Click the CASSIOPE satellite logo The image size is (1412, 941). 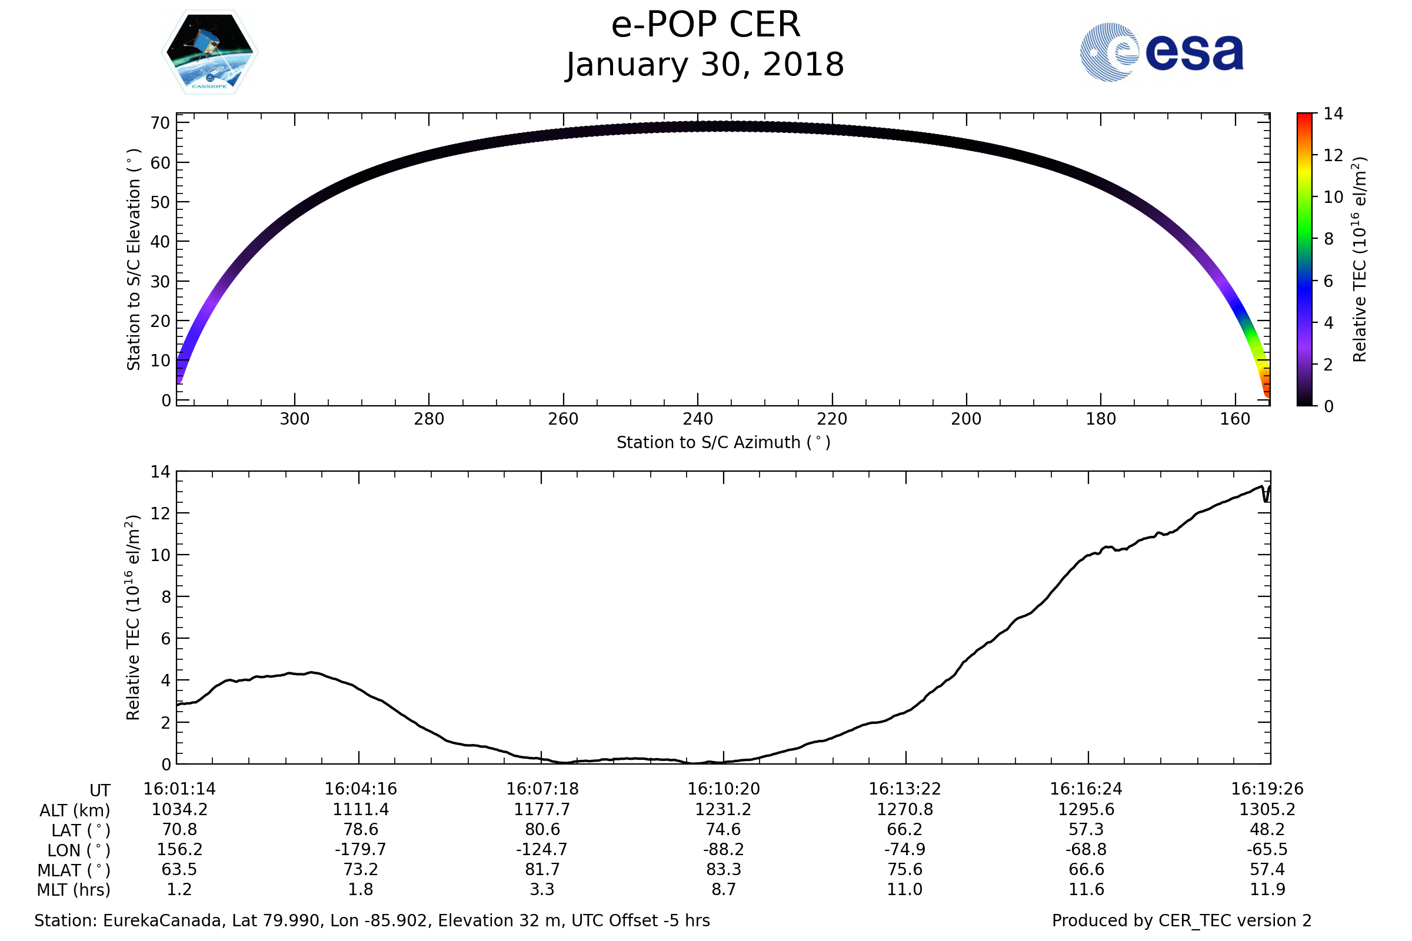[209, 52]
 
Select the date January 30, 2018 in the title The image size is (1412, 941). [705, 65]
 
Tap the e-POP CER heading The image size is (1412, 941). [705, 25]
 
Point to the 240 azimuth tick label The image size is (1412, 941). [698, 419]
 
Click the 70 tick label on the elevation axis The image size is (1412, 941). [160, 123]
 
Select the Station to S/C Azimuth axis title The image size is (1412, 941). [724, 442]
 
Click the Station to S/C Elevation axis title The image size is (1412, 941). [134, 259]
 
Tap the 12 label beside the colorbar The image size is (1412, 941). [1333, 155]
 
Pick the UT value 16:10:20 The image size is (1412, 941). [724, 789]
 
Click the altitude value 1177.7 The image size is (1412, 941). [541, 810]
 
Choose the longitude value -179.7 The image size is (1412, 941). [360, 849]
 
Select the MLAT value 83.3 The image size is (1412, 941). [724, 869]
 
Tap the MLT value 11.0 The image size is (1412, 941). [905, 889]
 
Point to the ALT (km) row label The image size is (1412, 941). [75, 811]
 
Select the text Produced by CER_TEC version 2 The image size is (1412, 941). [1181, 920]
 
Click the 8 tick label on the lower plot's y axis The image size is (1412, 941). [166, 597]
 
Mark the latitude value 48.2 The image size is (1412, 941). [1267, 829]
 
